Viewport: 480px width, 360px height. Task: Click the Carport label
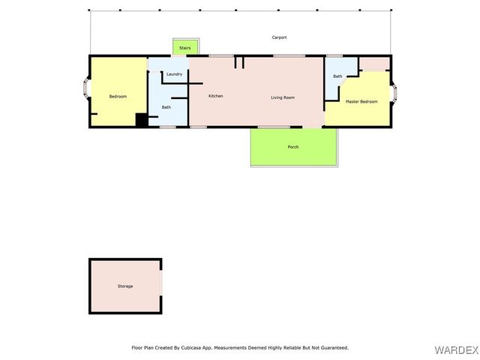tap(279, 37)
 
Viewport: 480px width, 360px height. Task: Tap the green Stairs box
tap(184, 47)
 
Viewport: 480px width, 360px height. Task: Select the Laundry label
tap(174, 74)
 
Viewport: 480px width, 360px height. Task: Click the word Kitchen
tap(215, 96)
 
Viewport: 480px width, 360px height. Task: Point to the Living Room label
tap(282, 97)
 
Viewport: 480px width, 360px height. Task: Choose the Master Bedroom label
tap(361, 101)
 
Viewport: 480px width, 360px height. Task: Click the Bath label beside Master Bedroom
tap(337, 76)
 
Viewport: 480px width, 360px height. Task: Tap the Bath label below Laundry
tap(166, 107)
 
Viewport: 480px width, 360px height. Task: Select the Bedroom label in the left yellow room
tap(118, 97)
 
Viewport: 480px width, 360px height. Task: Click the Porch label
tap(293, 147)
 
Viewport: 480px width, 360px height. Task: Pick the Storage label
tap(124, 286)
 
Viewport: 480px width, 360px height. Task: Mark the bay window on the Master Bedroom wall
tap(394, 92)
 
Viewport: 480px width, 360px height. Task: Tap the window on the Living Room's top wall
tap(288, 56)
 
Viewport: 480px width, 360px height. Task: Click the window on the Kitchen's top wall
tap(220, 56)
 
